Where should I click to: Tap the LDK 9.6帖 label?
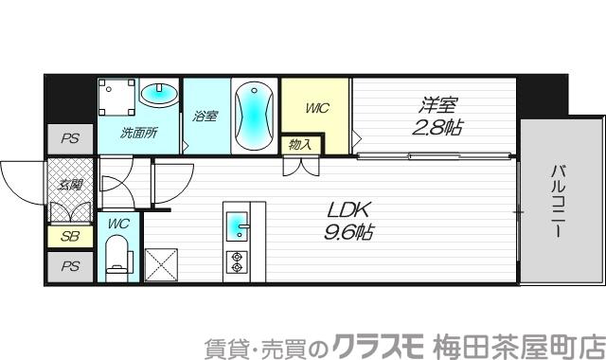pos(348,219)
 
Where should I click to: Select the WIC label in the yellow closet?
pos(315,109)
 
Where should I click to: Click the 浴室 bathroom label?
pos(205,117)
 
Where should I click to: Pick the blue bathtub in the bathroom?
pos(255,115)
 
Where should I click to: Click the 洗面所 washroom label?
pos(138,134)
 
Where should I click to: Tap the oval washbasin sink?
pos(159,95)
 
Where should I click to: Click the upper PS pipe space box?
pos(70,138)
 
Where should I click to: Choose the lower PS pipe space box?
pos(70,266)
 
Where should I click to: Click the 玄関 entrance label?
pos(71,184)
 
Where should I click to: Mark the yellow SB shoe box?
pos(70,238)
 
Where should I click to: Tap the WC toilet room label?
pos(117,224)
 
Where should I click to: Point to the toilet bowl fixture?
pos(118,256)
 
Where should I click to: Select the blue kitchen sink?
pos(238,227)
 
